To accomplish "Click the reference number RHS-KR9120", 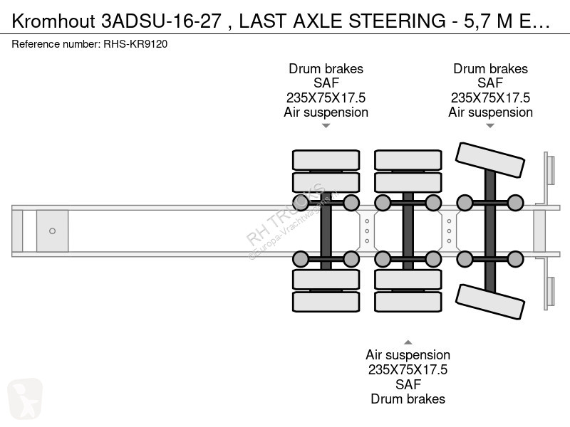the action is pos(135,44).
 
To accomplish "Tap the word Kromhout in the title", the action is pos(53,21).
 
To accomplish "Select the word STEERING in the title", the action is pos(397,21).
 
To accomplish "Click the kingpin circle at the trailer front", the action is pos(52,231).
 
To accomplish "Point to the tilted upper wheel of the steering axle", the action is pos(489,159).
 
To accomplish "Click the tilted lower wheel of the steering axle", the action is pos(489,302).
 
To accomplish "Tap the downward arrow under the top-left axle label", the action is pos(326,126).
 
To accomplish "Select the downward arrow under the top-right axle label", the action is pos(490,126).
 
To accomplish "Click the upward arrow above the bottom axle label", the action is pos(408,342).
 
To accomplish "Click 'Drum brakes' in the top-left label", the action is pos(326,68).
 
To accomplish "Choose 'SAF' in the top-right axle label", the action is pos(490,83).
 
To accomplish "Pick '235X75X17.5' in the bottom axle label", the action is pos(408,369).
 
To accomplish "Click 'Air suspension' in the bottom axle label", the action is pos(408,354).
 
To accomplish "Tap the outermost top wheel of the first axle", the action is pos(326,160).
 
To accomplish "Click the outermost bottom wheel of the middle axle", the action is pos(408,302).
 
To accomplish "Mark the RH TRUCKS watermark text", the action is pos(286,215).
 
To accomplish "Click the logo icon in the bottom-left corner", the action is pos(25,399).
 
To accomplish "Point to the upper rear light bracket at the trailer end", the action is pos(549,170).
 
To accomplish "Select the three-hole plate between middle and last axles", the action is pos(449,231).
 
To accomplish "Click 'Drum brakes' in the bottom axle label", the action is pos(408,399).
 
